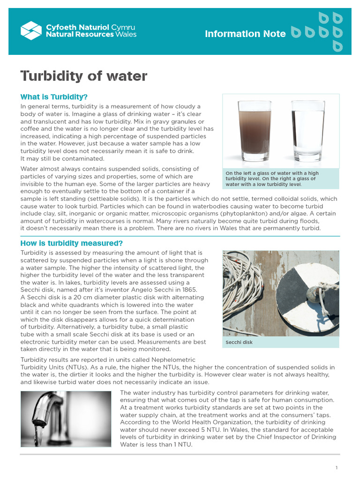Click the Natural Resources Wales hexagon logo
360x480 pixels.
pyautogui.click(x=31, y=30)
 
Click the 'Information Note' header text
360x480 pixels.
pyautogui.click(x=245, y=34)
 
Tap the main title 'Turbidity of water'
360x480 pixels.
pyautogui.click(x=84, y=76)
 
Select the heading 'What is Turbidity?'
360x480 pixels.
pyautogui.click(x=54, y=97)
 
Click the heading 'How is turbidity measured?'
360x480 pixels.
pyautogui.click(x=71, y=243)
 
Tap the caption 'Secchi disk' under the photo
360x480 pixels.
pyautogui.click(x=239, y=342)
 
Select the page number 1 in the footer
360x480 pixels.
pyautogui.click(x=337, y=468)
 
